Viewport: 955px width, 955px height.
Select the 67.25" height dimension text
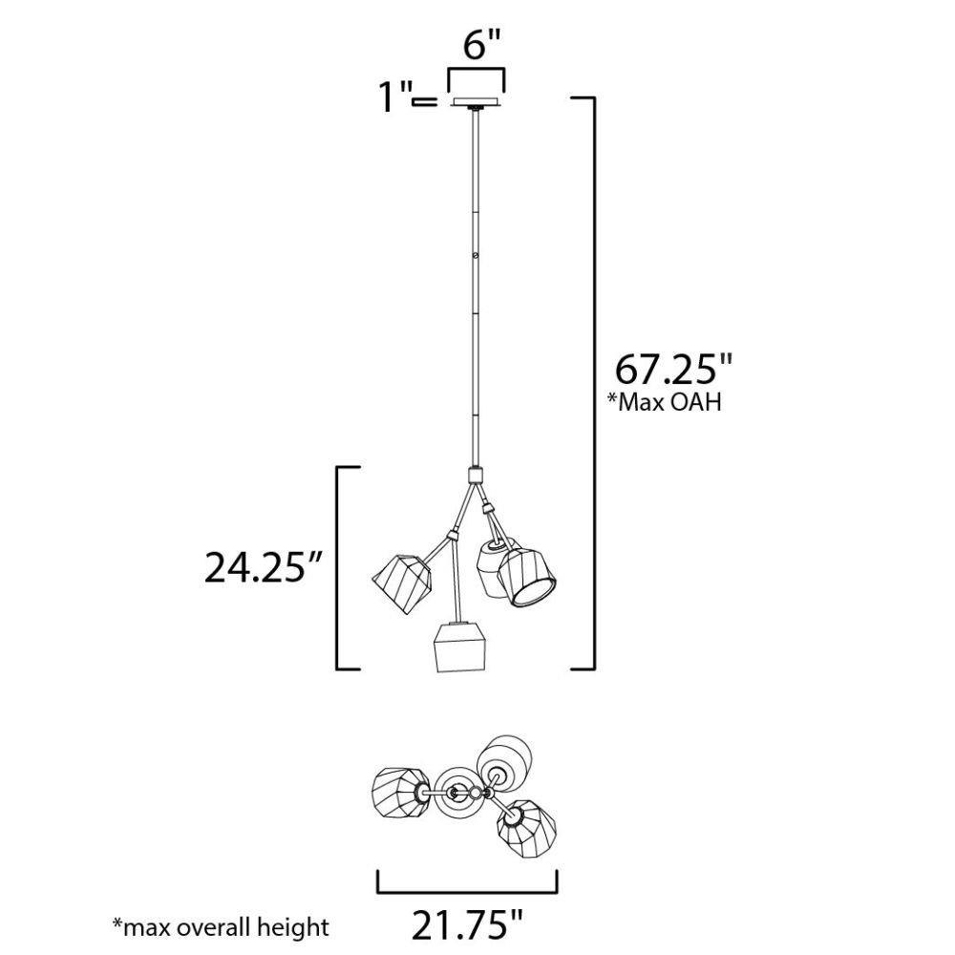tap(673, 369)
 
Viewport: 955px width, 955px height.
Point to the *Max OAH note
tap(664, 403)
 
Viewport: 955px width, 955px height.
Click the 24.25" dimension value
tap(263, 567)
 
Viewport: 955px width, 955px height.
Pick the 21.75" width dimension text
tap(468, 925)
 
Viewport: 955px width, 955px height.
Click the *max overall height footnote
tap(221, 927)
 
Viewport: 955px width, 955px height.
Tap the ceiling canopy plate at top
tap(477, 102)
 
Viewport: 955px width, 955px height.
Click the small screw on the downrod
tap(475, 256)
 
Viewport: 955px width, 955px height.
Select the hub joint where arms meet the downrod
tap(475, 475)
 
